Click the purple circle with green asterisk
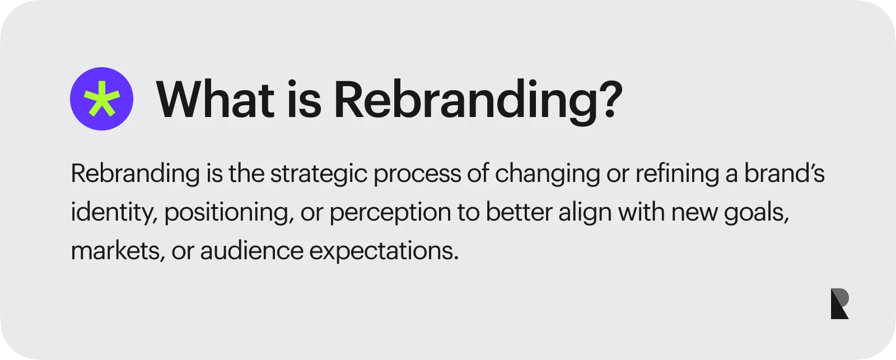pyautogui.click(x=101, y=99)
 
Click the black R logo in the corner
pyautogui.click(x=839, y=304)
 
